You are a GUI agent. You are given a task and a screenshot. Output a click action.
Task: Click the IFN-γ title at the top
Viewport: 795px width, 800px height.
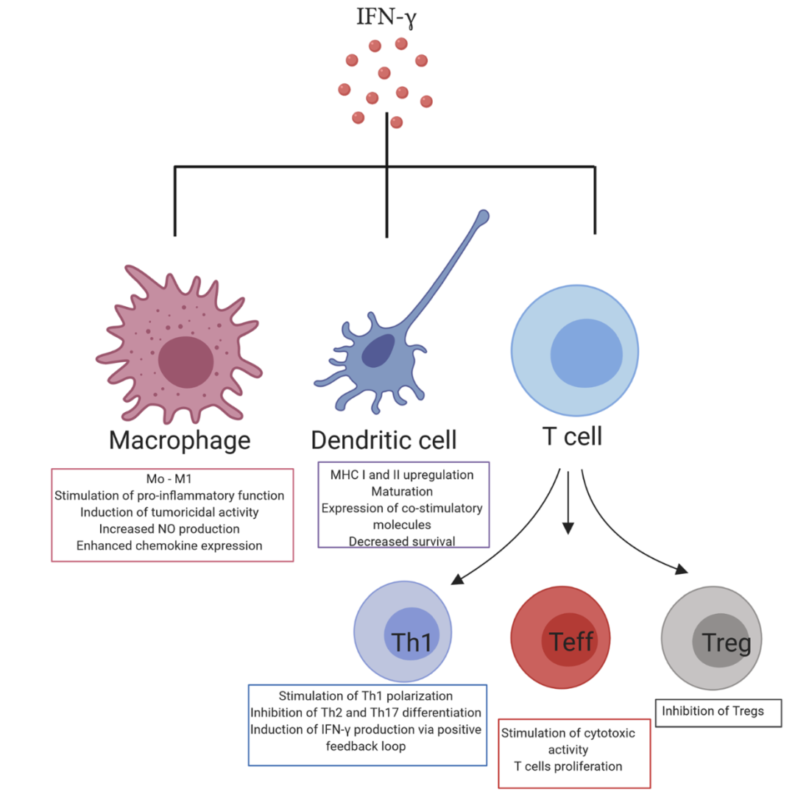pos(386,18)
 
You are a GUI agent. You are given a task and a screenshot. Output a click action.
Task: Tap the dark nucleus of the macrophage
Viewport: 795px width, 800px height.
pos(185,362)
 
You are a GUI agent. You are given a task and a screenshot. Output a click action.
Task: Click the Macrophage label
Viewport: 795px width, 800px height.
pos(180,441)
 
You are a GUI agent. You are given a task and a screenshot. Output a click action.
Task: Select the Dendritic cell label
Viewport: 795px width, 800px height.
pos(384,440)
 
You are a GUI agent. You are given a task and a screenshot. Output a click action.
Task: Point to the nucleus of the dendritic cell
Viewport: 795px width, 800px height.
pos(378,351)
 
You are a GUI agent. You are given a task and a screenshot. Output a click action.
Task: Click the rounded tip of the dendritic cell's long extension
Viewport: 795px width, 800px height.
pos(483,216)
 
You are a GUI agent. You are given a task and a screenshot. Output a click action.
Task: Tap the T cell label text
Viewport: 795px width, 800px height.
pos(572,436)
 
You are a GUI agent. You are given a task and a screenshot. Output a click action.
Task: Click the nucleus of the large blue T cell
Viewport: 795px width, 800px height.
pos(586,353)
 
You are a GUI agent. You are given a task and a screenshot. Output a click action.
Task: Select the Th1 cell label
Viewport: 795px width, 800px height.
pos(411,643)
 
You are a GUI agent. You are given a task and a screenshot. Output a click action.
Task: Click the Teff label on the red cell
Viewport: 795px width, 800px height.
pos(571,641)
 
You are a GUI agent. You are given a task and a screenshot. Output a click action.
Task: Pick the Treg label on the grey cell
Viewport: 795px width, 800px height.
pos(726,643)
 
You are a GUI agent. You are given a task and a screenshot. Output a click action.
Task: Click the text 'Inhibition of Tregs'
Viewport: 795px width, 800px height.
pos(713,711)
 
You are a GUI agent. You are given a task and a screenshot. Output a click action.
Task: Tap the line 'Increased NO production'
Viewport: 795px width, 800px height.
pos(169,528)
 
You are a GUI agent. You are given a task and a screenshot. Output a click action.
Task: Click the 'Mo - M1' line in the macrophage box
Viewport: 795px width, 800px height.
pos(169,478)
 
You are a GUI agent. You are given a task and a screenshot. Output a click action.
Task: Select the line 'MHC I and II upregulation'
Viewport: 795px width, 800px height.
pos(402,475)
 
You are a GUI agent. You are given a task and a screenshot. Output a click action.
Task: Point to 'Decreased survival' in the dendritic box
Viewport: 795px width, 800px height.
pos(402,541)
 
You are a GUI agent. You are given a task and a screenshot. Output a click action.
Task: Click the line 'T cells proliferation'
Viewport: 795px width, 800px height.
pos(568,766)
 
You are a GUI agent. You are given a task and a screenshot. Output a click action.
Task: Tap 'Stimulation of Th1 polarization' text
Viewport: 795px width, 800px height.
pos(365,696)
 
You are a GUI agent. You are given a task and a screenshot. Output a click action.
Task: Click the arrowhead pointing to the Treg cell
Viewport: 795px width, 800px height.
pos(682,570)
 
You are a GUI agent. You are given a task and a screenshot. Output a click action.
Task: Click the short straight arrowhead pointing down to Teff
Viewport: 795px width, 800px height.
pos(568,528)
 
